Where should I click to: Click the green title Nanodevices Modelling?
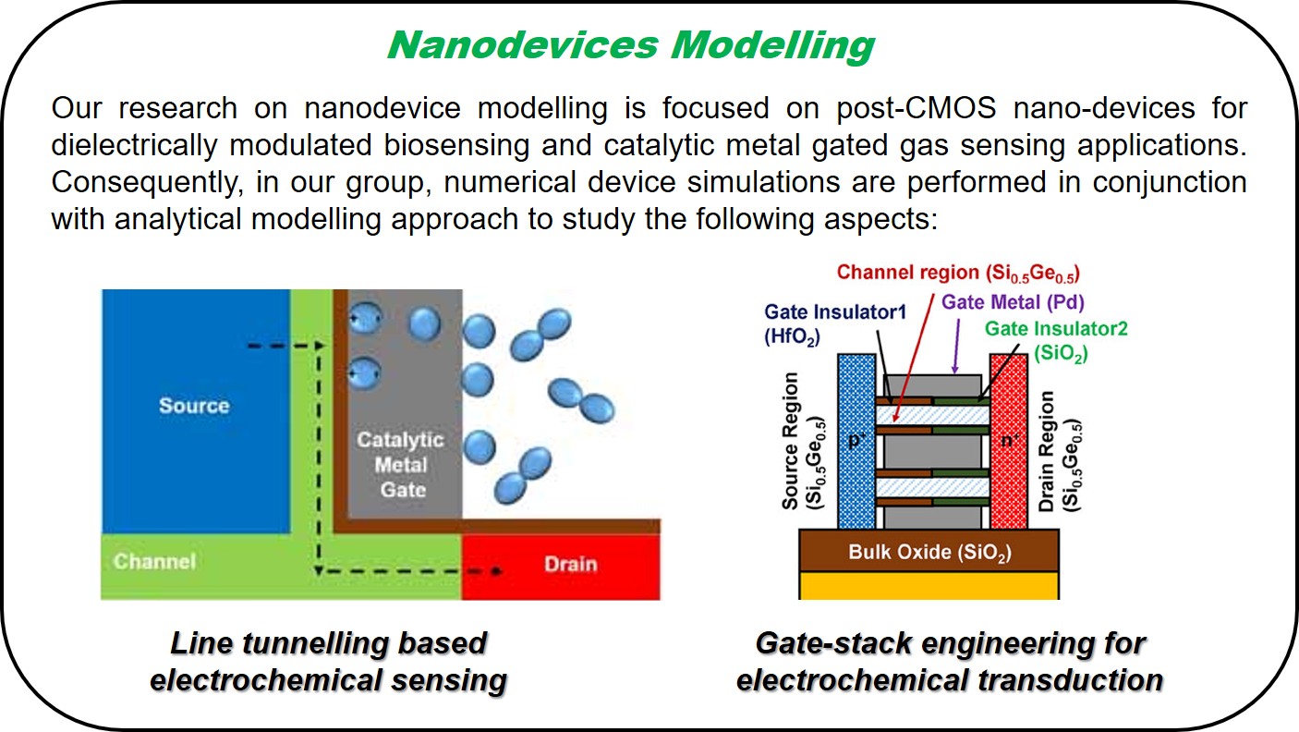point(631,45)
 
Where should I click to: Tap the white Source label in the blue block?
point(194,405)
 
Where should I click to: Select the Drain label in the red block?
point(570,563)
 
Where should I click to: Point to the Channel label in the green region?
point(154,561)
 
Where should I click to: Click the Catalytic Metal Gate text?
point(401,464)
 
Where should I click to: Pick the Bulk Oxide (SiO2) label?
point(929,553)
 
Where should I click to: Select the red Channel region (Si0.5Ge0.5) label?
point(959,274)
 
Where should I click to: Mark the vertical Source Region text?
point(799,441)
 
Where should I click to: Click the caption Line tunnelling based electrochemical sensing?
point(328,662)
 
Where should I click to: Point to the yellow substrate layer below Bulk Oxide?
point(929,585)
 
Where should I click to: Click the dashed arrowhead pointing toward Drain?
point(496,571)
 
